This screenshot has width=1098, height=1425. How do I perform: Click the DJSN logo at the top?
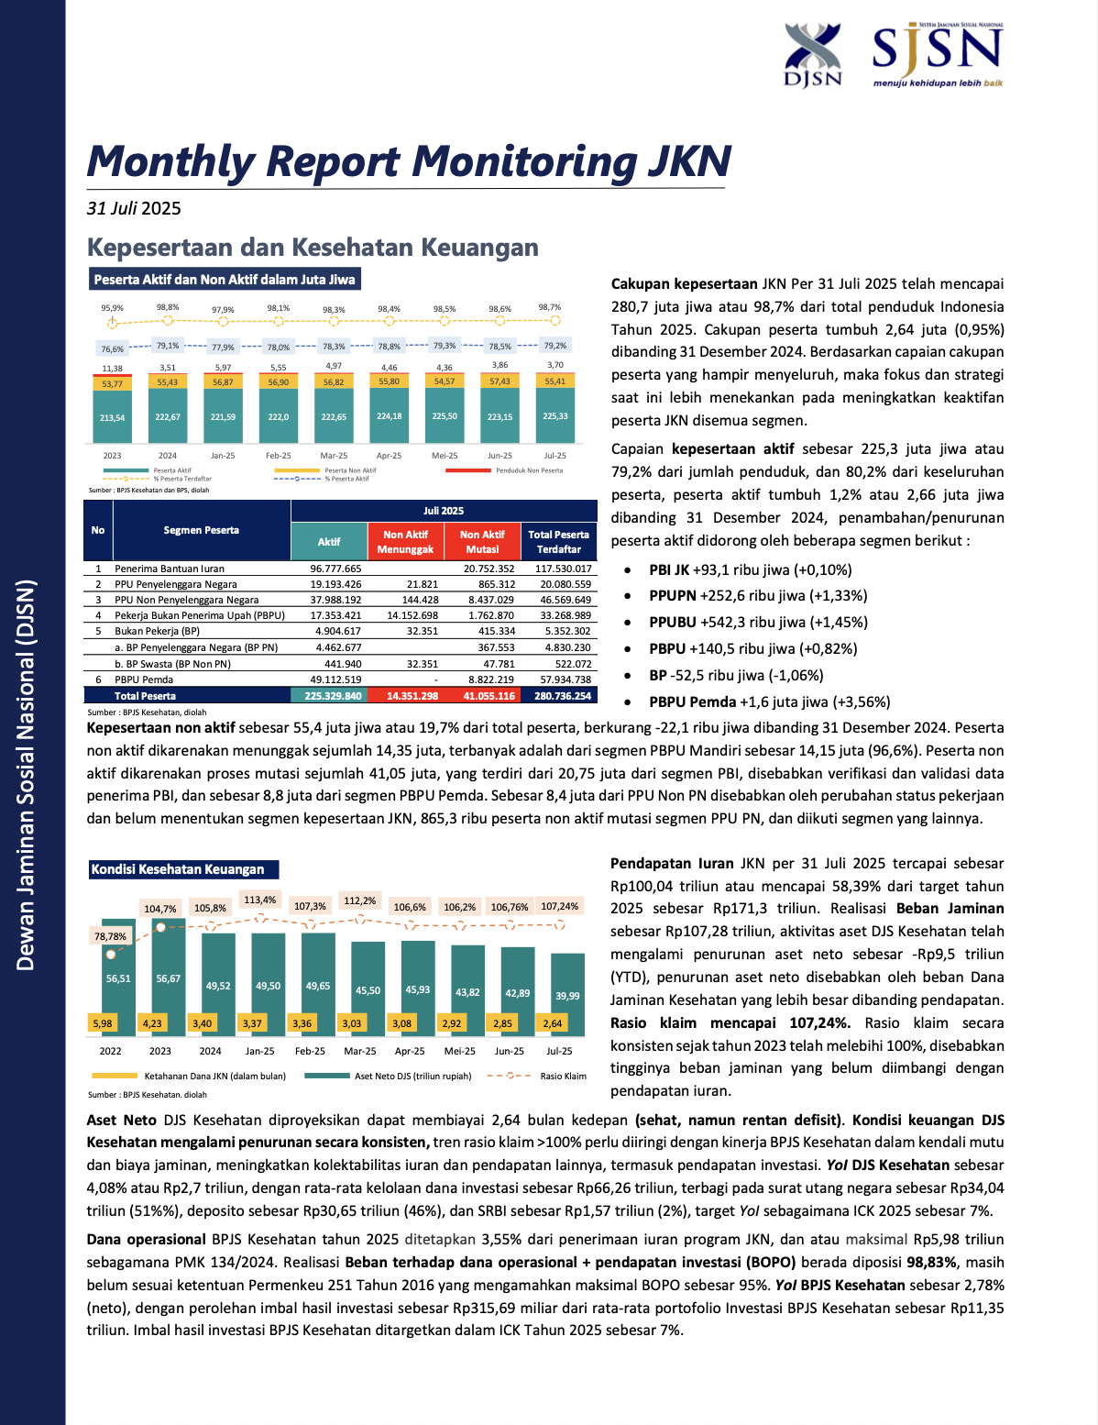pos(812,54)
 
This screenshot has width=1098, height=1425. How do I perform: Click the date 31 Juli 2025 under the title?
pos(134,208)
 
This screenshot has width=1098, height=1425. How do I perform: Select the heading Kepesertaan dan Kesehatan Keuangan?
pos(313,248)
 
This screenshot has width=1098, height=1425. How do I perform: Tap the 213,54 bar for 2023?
pos(112,417)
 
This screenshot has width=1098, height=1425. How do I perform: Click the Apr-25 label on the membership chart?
pos(389,456)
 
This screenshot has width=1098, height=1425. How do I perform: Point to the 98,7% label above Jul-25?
pos(550,308)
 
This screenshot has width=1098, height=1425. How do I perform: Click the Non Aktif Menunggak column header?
pos(405,541)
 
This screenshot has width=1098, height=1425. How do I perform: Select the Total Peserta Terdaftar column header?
pos(558,541)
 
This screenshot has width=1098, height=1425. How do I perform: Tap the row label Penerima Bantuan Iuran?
pos(170,569)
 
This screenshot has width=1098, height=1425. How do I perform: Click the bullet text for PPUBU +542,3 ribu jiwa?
pos(758,622)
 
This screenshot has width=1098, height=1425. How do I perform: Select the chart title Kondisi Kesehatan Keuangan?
pos(178,869)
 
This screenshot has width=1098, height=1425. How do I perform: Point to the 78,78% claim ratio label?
pos(111,936)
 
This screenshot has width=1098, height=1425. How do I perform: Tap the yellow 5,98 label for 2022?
pos(103,1023)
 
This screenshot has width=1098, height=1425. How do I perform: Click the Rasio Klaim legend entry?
pos(563,1076)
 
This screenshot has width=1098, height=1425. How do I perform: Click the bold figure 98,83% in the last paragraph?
pos(931,1262)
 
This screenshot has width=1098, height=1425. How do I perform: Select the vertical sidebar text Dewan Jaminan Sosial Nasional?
pos(26,775)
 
